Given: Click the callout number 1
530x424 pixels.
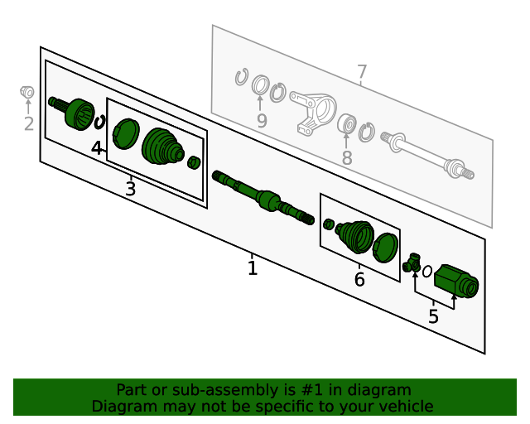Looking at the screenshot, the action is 253,268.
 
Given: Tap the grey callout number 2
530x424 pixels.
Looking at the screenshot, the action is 29,124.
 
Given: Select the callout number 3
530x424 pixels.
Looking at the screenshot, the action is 131,189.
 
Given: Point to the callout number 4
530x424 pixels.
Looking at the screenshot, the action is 97,148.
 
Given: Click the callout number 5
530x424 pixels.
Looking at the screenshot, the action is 433,316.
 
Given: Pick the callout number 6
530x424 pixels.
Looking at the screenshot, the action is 359,280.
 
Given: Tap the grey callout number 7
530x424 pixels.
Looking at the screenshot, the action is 362,72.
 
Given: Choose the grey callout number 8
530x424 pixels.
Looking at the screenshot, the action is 347,158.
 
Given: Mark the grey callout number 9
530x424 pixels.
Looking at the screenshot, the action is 262,121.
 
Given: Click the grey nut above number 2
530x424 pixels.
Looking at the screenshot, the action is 27,92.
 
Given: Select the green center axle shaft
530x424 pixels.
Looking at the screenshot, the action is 263,197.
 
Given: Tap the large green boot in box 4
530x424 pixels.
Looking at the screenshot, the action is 163,147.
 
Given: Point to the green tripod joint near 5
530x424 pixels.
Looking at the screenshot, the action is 412,263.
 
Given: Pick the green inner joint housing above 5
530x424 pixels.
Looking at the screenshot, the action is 456,282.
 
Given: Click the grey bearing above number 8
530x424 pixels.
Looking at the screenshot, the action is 348,124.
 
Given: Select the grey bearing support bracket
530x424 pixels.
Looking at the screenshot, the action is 313,112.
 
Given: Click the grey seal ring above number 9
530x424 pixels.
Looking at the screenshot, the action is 261,84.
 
